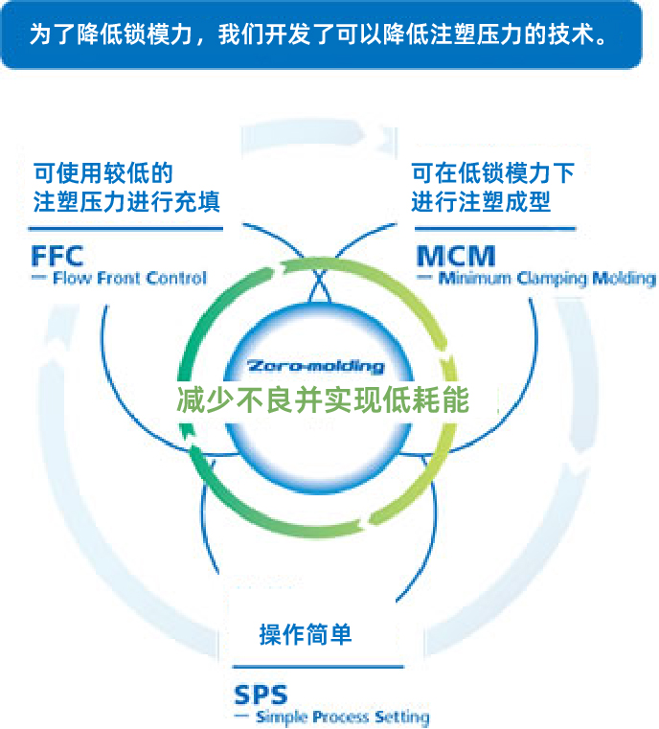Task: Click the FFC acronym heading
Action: click(x=57, y=256)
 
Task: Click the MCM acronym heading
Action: click(x=456, y=256)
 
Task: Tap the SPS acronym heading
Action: click(x=261, y=694)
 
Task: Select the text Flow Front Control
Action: click(x=129, y=279)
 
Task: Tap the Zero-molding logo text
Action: click(x=315, y=366)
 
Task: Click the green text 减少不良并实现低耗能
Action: click(x=323, y=399)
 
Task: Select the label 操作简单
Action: click(x=306, y=634)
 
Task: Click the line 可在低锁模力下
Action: click(x=492, y=173)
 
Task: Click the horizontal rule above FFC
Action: click(x=125, y=229)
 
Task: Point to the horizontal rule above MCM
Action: click(x=494, y=229)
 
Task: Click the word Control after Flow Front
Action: click(x=177, y=279)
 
